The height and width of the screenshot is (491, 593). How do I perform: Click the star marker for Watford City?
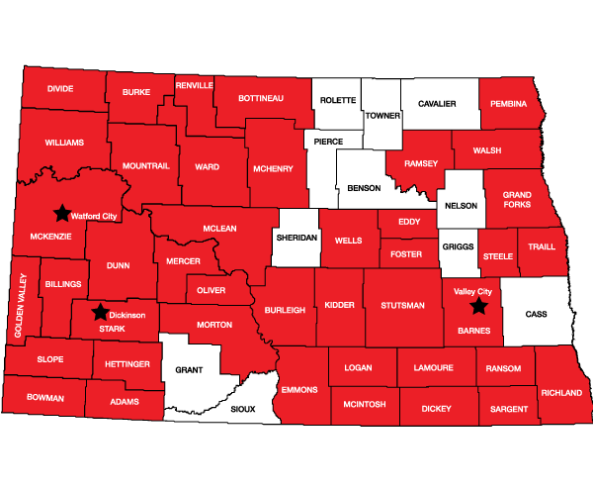click(x=61, y=213)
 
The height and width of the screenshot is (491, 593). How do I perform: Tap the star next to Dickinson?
click(x=100, y=313)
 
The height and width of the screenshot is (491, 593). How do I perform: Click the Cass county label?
click(x=536, y=314)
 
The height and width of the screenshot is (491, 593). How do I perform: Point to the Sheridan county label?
click(x=296, y=240)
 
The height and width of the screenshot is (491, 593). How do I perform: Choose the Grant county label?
click(x=189, y=370)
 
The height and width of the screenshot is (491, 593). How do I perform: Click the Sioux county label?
click(x=242, y=408)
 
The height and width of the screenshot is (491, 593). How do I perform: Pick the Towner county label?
click(x=382, y=116)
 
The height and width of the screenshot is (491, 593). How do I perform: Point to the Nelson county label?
click(x=462, y=206)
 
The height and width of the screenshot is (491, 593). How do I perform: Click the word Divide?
click(x=60, y=88)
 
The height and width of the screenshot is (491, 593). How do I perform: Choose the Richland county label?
click(x=561, y=393)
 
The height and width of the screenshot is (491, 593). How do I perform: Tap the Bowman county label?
click(x=43, y=398)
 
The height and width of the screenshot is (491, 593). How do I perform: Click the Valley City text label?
click(x=472, y=292)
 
